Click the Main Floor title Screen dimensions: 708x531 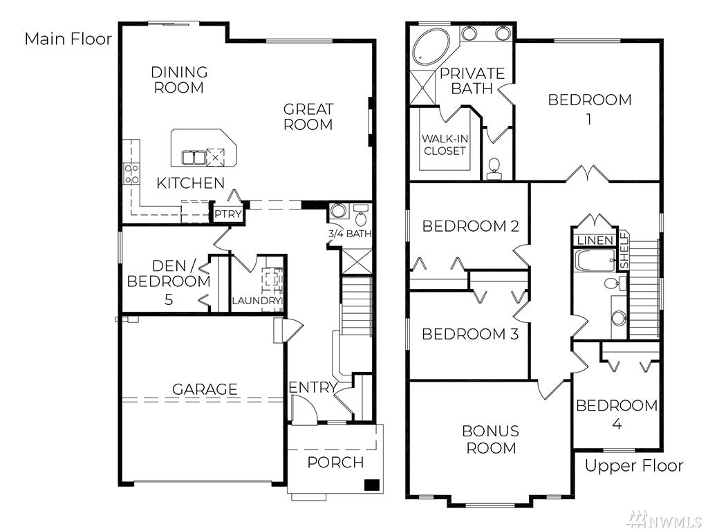click(x=68, y=39)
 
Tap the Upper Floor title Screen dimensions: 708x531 click(x=634, y=465)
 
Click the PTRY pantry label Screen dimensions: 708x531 click(x=228, y=214)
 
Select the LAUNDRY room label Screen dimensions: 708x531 click(x=257, y=301)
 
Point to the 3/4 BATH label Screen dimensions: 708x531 click(x=349, y=234)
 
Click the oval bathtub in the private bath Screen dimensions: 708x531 click(x=432, y=47)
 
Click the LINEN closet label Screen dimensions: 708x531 click(x=595, y=241)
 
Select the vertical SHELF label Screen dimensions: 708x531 click(x=624, y=250)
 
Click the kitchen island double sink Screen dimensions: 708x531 click(x=194, y=158)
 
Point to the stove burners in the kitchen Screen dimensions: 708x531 click(x=131, y=174)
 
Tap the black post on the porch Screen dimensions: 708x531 click(x=371, y=485)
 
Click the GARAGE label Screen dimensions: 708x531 click(x=205, y=389)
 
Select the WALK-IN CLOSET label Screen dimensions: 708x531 click(x=445, y=145)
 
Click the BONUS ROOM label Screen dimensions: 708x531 click(x=491, y=439)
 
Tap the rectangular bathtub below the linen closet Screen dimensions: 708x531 click(x=596, y=261)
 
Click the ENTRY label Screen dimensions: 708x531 click(x=313, y=387)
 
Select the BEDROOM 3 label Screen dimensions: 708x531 click(x=470, y=334)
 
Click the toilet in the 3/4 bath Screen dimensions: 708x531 click(x=360, y=216)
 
